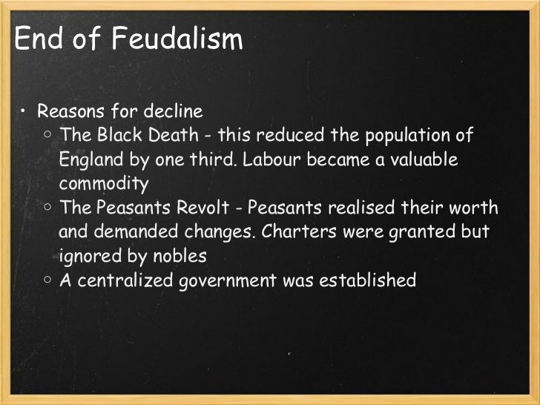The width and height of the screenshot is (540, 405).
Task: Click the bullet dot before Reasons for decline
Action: (24, 113)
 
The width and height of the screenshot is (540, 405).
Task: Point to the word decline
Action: (174, 113)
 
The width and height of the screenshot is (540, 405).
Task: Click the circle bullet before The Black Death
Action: (47, 136)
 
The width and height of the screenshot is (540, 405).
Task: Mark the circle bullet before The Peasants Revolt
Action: (47, 208)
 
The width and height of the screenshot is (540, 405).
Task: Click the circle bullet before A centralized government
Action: (47, 281)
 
